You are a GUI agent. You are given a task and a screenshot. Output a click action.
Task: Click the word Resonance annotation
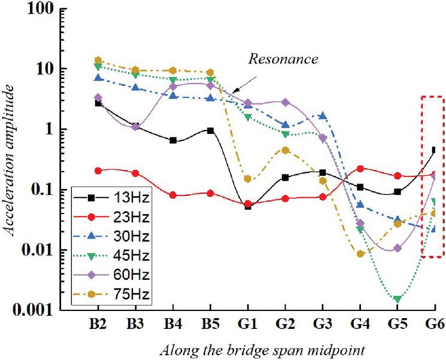tap(284, 60)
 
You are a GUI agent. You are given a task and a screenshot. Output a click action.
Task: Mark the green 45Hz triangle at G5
tap(397, 299)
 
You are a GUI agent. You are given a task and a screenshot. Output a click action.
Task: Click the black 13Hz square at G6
tap(435, 151)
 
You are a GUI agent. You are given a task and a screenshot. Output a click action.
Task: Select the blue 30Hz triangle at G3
tap(323, 116)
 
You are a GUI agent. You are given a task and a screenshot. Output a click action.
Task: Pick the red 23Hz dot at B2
tap(98, 170)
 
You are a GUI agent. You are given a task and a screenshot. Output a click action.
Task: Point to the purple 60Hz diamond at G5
tap(397, 248)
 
